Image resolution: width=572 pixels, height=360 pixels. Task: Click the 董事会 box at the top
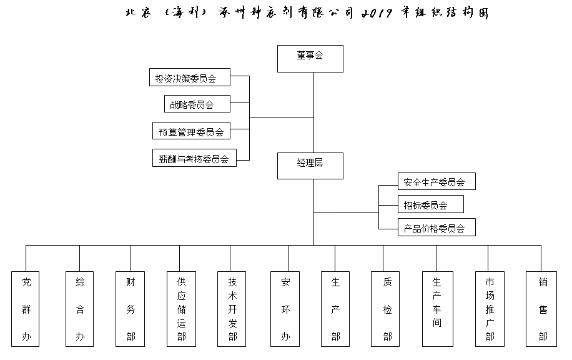tap(310, 58)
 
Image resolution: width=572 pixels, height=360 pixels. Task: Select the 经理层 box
tap(310, 166)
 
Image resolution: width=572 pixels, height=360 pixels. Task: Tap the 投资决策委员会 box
tap(190, 77)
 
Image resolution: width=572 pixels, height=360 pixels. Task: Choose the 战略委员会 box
tap(197, 104)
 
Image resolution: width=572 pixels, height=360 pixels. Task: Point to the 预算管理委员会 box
tap(191, 131)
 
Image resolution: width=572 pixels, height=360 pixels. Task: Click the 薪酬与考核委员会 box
tap(194, 157)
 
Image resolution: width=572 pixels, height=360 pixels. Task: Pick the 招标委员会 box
tap(430, 204)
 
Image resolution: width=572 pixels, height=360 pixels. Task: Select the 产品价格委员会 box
tap(436, 227)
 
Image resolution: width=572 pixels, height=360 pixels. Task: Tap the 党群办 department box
tap(25, 309)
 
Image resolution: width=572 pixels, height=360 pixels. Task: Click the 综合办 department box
tap(79, 309)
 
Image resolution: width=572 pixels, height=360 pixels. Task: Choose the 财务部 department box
tap(131, 309)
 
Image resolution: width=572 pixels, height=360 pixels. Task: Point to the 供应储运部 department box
tap(181, 309)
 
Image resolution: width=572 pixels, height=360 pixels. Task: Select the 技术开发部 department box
tap(232, 309)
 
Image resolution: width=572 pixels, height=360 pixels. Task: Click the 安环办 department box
tap(285, 309)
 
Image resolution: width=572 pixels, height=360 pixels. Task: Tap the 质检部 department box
tap(385, 309)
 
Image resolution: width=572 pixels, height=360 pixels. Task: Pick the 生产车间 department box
tap(438, 309)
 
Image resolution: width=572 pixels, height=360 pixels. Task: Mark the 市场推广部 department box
tap(490, 309)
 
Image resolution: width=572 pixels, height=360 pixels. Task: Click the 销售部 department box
tap(541, 309)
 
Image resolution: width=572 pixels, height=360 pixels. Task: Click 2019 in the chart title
tap(377, 14)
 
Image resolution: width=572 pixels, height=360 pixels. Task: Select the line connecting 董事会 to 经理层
tap(313, 112)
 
